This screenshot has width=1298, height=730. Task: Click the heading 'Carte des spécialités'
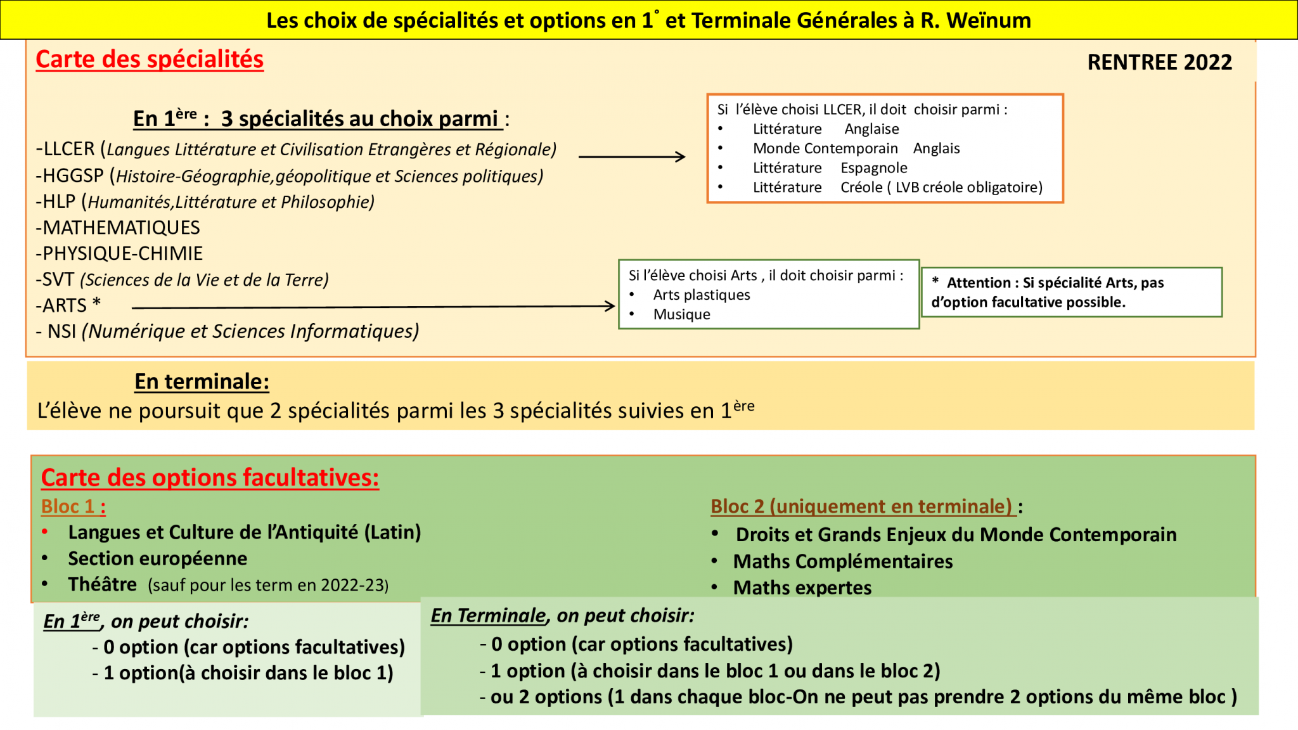click(150, 60)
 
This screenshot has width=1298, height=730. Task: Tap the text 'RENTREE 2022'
click(1159, 62)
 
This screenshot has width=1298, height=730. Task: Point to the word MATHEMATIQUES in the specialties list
click(121, 227)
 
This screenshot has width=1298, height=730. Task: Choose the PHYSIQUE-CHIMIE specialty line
click(120, 253)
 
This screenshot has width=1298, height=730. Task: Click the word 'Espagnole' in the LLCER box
click(873, 168)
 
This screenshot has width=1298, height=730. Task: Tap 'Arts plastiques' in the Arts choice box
click(701, 295)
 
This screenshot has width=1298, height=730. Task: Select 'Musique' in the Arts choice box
click(681, 314)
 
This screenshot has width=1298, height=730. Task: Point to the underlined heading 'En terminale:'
click(202, 381)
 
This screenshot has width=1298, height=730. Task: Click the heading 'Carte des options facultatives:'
click(210, 478)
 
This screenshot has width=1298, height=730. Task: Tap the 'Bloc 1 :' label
click(73, 506)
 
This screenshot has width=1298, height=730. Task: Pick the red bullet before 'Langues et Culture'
click(45, 532)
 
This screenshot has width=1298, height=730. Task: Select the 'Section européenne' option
click(157, 558)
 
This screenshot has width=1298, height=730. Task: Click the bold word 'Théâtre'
click(102, 584)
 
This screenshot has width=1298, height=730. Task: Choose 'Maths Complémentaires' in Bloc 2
click(842, 561)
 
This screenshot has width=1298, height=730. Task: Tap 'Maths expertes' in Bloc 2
click(802, 587)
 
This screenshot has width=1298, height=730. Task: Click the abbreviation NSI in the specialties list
click(61, 331)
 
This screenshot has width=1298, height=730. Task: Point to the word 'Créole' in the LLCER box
click(861, 188)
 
